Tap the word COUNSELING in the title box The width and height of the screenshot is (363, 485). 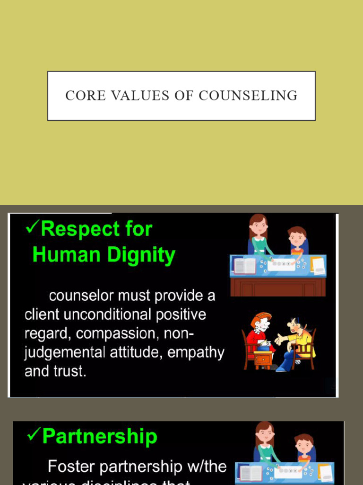248,96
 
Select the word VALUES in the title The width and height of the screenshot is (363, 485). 139,96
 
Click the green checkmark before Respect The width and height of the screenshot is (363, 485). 32,228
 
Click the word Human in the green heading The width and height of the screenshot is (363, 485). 68,255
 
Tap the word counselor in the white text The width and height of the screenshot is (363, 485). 81,296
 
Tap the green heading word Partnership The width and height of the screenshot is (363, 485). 100,436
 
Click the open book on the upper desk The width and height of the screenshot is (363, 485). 245,266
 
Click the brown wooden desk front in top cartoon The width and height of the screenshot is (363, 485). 278,287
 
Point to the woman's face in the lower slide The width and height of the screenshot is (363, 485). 265,434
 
